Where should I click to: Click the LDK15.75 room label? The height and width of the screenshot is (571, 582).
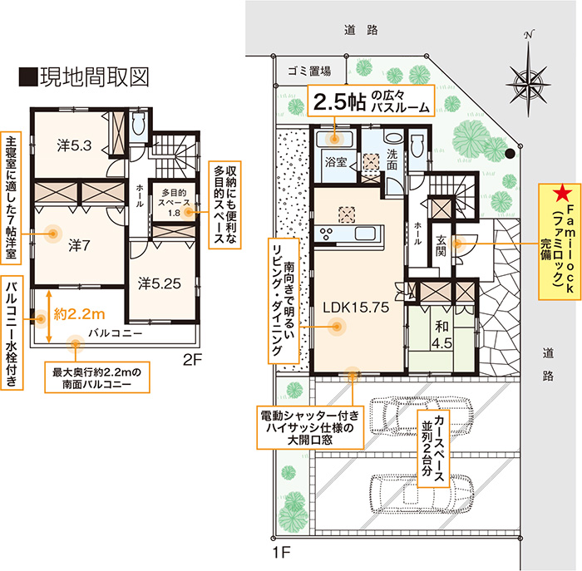click(356, 308)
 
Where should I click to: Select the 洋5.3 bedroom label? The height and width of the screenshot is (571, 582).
click(74, 145)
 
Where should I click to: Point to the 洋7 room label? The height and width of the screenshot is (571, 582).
click(79, 245)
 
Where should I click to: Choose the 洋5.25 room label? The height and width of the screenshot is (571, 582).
click(160, 283)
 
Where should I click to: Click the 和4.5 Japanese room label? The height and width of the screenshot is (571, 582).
click(441, 335)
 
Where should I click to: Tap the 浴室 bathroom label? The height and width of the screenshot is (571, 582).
click(336, 162)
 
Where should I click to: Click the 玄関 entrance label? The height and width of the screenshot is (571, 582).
click(441, 245)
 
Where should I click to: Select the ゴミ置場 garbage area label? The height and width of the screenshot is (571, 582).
click(309, 71)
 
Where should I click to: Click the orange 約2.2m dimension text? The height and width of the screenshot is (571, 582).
click(79, 314)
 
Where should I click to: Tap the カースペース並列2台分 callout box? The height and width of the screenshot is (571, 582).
click(433, 448)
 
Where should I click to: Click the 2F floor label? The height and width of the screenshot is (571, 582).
click(192, 360)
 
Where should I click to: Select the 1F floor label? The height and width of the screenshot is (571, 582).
click(281, 553)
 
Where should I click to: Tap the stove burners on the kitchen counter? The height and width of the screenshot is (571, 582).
click(326, 234)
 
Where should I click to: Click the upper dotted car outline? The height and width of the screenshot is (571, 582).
click(421, 415)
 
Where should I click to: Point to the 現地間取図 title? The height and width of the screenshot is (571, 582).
click(85, 77)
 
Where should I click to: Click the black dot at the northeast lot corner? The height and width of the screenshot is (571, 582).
click(510, 153)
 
